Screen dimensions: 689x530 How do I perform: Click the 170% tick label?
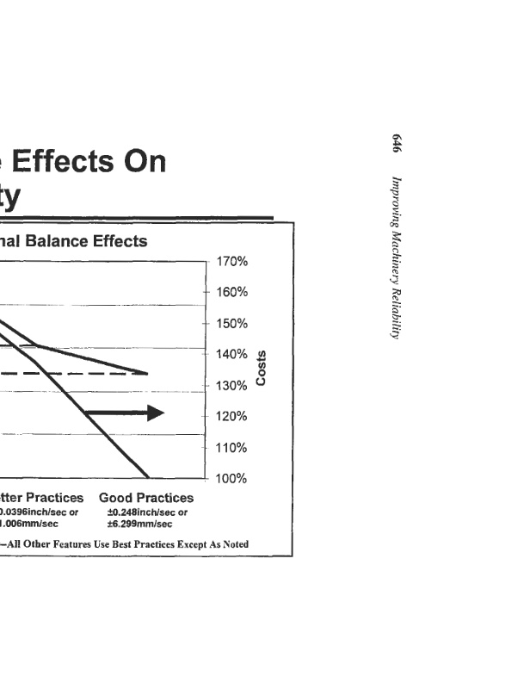point(231,261)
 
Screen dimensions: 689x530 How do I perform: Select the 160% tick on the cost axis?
point(231,292)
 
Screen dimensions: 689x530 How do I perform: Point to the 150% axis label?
point(231,324)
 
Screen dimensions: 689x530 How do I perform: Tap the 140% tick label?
point(231,354)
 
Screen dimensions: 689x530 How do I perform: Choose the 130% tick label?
point(231,386)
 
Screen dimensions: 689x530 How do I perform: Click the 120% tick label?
point(231,417)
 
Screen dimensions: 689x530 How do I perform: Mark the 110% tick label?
point(231,448)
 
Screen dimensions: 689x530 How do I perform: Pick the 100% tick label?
point(231,479)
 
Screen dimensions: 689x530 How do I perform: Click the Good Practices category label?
point(146,498)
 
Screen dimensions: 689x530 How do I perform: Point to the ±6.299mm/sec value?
point(140,524)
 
